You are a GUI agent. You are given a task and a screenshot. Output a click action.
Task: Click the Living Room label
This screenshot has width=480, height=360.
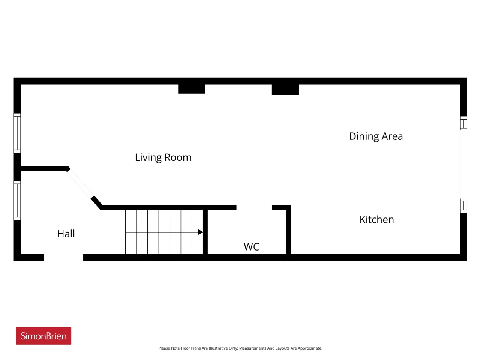(x=163, y=157)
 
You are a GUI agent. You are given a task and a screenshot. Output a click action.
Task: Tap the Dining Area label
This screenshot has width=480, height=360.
(x=375, y=136)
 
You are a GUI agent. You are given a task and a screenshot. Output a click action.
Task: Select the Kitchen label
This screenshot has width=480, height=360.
(x=376, y=219)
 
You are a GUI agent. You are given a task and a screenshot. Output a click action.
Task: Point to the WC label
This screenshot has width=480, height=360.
(x=251, y=247)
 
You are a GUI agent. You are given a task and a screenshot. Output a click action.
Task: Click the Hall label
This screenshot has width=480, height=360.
(x=66, y=234)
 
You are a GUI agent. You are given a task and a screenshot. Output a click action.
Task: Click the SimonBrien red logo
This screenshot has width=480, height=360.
(x=43, y=336)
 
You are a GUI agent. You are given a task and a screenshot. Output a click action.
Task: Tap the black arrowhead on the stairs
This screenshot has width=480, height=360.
(x=200, y=232)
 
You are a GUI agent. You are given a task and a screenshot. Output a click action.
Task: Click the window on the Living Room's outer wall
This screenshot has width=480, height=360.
(x=17, y=133)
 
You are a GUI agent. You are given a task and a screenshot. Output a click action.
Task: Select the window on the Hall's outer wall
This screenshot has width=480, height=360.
(x=17, y=200)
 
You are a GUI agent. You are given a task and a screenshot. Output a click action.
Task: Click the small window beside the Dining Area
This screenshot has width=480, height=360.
(x=463, y=123)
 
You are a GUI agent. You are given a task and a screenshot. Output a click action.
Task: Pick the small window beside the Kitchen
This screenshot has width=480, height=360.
(x=463, y=205)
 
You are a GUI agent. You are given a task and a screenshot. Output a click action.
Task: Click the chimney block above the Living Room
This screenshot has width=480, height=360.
(x=192, y=89)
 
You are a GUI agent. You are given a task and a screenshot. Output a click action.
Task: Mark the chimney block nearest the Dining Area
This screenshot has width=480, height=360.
(x=285, y=90)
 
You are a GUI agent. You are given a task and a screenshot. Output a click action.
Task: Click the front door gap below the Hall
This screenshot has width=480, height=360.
(x=63, y=258)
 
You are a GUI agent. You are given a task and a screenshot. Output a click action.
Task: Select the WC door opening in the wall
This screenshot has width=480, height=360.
(x=254, y=207)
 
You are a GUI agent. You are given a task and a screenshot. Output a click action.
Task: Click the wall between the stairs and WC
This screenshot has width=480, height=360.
(x=205, y=232)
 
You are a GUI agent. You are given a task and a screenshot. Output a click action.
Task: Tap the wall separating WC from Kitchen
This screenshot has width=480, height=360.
(x=289, y=232)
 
